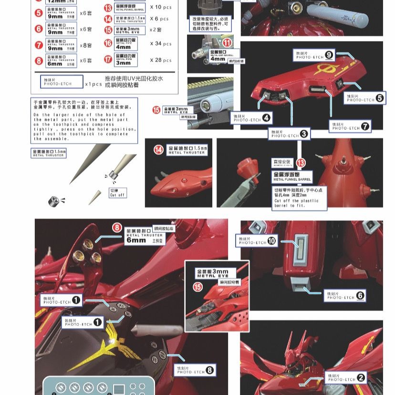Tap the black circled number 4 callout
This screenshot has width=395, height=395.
click(266, 117)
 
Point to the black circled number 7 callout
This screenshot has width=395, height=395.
click(365, 126)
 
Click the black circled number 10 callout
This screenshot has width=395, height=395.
click(272, 241)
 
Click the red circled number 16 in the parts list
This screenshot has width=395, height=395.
click(108, 44)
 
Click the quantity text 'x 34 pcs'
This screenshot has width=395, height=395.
click(160, 44)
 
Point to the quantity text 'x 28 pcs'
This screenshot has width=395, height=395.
click(160, 61)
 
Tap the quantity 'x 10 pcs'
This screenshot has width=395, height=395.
click(160, 7)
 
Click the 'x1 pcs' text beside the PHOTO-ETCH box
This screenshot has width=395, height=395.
click(94, 84)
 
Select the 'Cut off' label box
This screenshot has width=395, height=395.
click(117, 193)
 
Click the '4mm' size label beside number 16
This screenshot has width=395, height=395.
click(123, 47)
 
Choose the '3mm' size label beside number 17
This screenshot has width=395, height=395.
click(123, 63)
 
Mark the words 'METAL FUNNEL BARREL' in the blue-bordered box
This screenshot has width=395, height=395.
click(292, 180)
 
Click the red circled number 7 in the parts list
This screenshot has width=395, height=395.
click(39, 45)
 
